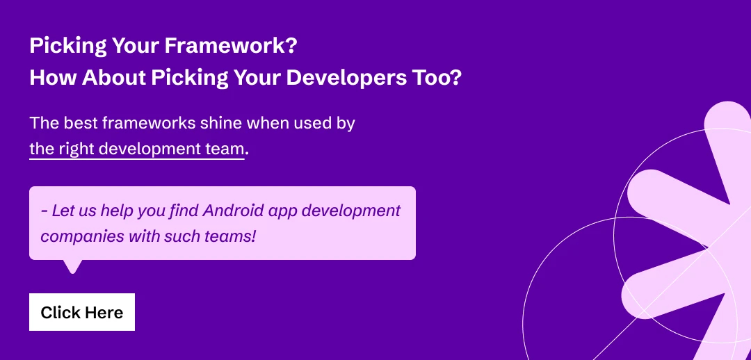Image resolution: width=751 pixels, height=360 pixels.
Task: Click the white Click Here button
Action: click(x=82, y=313)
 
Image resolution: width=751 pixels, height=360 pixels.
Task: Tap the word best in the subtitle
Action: click(x=79, y=124)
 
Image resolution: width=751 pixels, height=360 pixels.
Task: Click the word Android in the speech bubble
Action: click(x=225, y=210)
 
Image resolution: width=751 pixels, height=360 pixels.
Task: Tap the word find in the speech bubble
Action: click(x=180, y=210)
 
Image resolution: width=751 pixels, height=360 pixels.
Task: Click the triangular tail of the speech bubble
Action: click(x=72, y=265)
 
